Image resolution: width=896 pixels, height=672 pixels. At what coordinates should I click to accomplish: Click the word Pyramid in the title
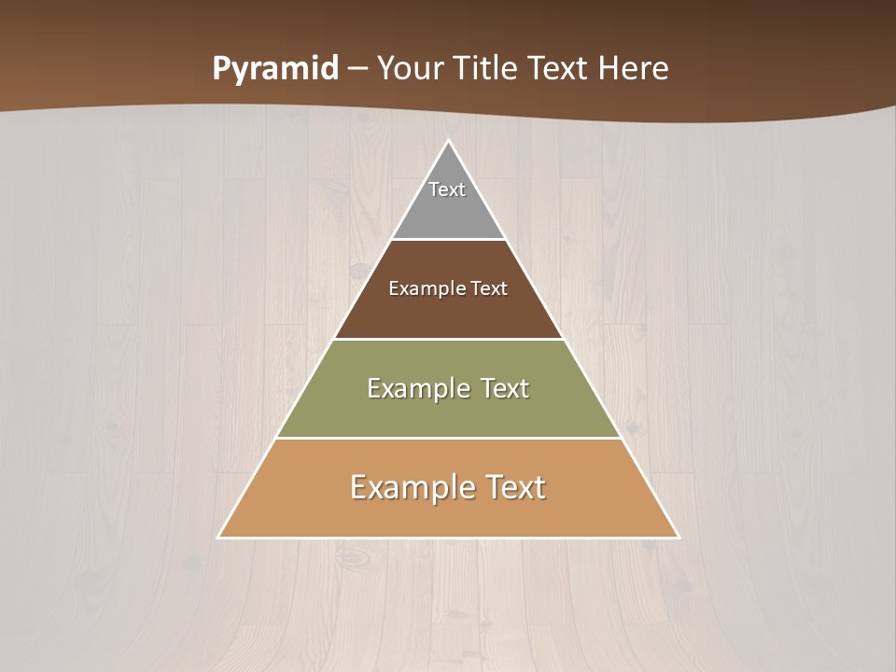pos(274,69)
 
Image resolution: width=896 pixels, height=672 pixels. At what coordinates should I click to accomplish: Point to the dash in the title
pos(357,69)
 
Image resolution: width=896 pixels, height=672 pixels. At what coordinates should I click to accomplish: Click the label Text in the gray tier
pos(447,189)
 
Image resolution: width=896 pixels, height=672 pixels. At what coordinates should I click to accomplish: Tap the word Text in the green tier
pos(504,388)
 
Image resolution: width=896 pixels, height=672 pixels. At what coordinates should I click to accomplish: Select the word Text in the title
pos(558,69)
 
